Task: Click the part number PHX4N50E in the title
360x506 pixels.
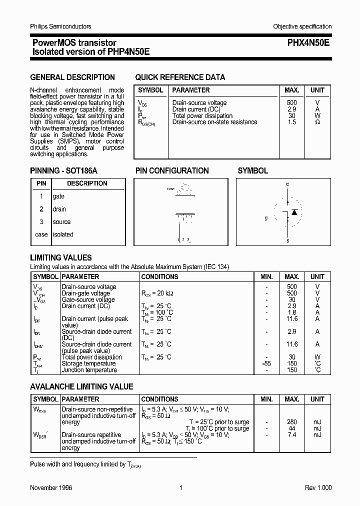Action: pyautogui.click(x=308, y=43)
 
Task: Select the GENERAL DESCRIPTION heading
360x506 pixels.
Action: pyautogui.click(x=72, y=77)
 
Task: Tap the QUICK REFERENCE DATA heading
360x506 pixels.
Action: pyautogui.click(x=180, y=77)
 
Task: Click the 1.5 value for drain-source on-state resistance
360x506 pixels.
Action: pyautogui.click(x=292, y=122)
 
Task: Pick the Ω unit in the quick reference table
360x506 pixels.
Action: pyautogui.click(x=317, y=122)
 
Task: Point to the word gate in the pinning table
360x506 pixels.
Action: pyautogui.click(x=58, y=196)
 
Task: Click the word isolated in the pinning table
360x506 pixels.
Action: pyautogui.click(x=63, y=234)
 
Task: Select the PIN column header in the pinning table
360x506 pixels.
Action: pyautogui.click(x=41, y=183)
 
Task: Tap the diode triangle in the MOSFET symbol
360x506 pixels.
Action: pyautogui.click(x=294, y=212)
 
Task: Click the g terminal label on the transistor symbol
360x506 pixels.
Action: pyautogui.click(x=266, y=218)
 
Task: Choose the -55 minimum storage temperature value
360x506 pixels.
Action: pyautogui.click(x=267, y=363)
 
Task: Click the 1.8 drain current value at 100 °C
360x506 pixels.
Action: pyautogui.click(x=292, y=312)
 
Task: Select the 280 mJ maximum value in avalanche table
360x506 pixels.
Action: pyautogui.click(x=292, y=422)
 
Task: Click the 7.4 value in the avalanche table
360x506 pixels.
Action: pyautogui.click(x=292, y=435)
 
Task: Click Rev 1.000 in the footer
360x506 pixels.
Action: pyautogui.click(x=318, y=488)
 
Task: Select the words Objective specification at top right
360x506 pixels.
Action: pyautogui.click(x=302, y=26)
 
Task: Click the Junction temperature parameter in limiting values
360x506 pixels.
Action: pyautogui.click(x=89, y=370)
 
